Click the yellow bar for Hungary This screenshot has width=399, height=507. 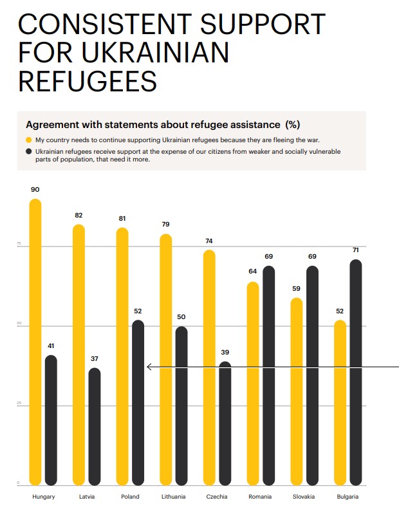(x=35, y=341)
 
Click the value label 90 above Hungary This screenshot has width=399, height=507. (x=35, y=190)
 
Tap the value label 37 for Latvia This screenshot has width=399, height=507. (x=95, y=359)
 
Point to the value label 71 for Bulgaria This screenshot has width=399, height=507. (x=355, y=250)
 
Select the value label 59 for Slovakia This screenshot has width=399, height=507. (x=297, y=289)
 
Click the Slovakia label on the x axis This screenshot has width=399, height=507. (x=303, y=497)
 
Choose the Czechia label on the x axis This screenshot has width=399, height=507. (x=216, y=497)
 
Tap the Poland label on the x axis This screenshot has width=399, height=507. (x=130, y=497)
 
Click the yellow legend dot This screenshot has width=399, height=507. (x=28, y=140)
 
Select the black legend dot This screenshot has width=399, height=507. (x=28, y=152)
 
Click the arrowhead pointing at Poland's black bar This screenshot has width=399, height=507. (x=149, y=367)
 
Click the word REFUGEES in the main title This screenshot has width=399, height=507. (x=88, y=82)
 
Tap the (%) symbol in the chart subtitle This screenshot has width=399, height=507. (x=292, y=124)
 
